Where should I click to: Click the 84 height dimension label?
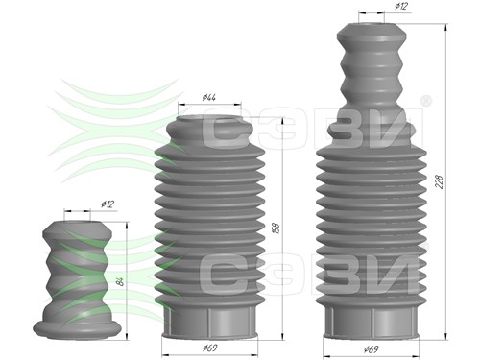point(120,281)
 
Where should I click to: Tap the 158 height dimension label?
point(276,228)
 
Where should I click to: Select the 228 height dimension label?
point(440,181)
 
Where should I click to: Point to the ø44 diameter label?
point(209,97)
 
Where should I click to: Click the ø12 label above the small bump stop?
point(108,204)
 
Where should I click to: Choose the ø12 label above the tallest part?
point(401,6)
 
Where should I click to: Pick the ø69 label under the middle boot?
point(210,348)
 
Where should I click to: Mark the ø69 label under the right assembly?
point(372,349)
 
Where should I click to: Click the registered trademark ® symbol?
point(425,101)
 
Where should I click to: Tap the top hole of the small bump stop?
point(77,223)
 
